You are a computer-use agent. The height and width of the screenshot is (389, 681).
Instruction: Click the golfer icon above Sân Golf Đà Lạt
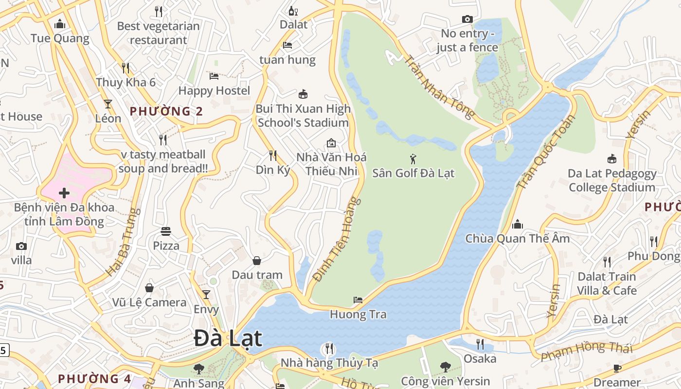coord(413,159)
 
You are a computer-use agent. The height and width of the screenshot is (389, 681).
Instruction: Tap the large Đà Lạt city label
coord(228,338)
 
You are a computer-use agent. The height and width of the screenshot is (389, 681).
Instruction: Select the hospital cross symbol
coord(64,193)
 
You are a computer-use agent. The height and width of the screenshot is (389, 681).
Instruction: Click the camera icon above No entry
coord(467,19)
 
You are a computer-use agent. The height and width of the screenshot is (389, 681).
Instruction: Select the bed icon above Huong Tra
coord(358,300)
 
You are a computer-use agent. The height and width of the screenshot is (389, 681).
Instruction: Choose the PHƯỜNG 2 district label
coord(166,111)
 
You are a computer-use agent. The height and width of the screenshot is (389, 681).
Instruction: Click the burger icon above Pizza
coord(166,231)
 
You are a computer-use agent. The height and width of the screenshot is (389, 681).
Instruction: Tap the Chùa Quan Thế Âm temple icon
coord(517,224)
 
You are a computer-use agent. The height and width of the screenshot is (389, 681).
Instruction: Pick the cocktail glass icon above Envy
coord(206,295)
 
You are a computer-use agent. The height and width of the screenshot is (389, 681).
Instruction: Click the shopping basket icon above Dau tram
coord(257,261)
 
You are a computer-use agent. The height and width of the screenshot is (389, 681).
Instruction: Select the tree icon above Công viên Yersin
coord(445,367)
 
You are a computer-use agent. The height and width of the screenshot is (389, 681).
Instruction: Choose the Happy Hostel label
coord(214,90)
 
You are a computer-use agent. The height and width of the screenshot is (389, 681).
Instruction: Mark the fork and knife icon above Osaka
coord(480,344)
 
